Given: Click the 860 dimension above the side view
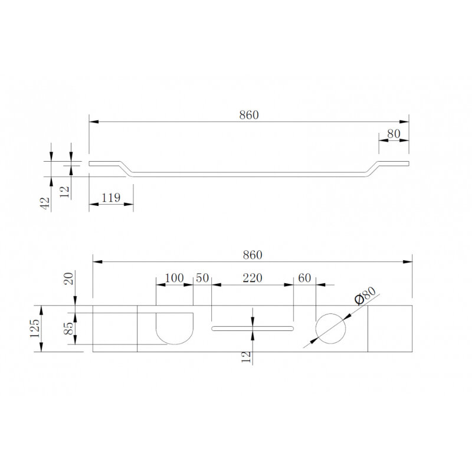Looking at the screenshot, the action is pyautogui.click(x=249, y=115).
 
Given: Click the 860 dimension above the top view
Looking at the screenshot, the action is pyautogui.click(x=253, y=255).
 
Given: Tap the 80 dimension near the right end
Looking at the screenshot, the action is pyautogui.click(x=394, y=134).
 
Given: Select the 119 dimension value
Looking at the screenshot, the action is pyautogui.click(x=111, y=198).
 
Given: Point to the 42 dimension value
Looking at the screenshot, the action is pyautogui.click(x=45, y=203).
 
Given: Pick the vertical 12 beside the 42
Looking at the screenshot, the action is pyautogui.click(x=64, y=192).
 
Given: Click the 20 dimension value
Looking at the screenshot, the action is pyautogui.click(x=69, y=278).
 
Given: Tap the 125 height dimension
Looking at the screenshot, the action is pyautogui.click(x=35, y=328).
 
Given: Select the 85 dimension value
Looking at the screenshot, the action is pyautogui.click(x=69, y=329).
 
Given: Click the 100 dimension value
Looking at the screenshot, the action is pyautogui.click(x=174, y=277).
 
